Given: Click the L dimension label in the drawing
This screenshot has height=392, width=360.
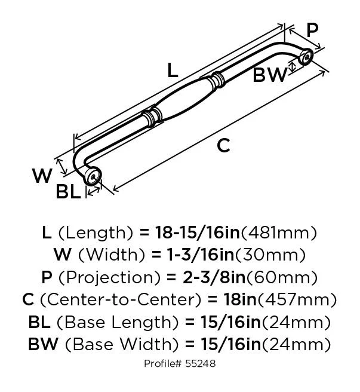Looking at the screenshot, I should pos(173,71).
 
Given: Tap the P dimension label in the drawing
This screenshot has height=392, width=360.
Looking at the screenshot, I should pos(312,30).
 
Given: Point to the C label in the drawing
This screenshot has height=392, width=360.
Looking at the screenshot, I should pos(223,145).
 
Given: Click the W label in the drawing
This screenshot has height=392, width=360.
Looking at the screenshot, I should pos(42,176).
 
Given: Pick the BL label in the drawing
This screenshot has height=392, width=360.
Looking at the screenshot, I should pos(68,192).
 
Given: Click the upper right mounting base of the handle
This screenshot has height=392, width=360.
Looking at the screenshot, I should pos(305,58).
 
